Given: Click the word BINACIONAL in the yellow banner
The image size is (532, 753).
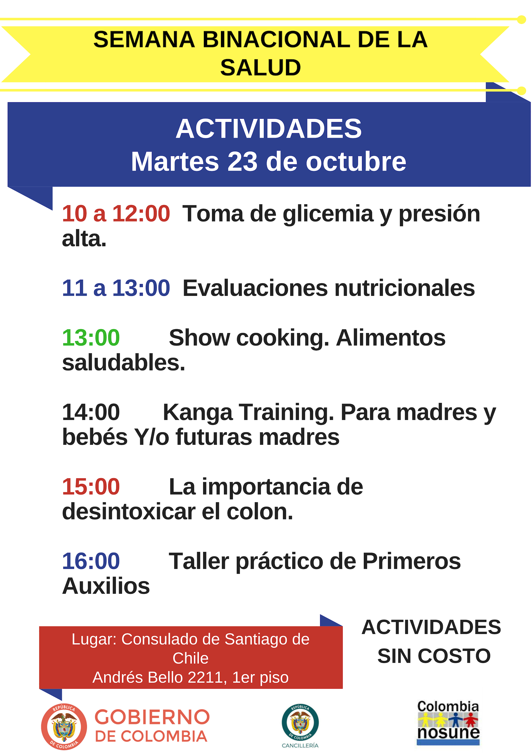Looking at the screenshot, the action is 276,40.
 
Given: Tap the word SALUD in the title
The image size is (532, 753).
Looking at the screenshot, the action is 260,67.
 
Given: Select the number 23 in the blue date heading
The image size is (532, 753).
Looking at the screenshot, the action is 243,162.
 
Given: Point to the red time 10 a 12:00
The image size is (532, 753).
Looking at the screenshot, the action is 116,214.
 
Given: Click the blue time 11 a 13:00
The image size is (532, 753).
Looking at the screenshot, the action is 116,288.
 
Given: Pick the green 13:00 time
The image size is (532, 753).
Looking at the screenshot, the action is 91,337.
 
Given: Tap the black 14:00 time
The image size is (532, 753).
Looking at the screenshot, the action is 91,412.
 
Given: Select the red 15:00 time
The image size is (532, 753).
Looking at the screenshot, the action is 91,486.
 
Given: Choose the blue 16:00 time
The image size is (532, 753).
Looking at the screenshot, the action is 91,561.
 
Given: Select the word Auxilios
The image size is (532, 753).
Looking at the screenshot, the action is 106,586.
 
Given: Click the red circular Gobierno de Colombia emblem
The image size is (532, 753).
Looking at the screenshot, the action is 64,727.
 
